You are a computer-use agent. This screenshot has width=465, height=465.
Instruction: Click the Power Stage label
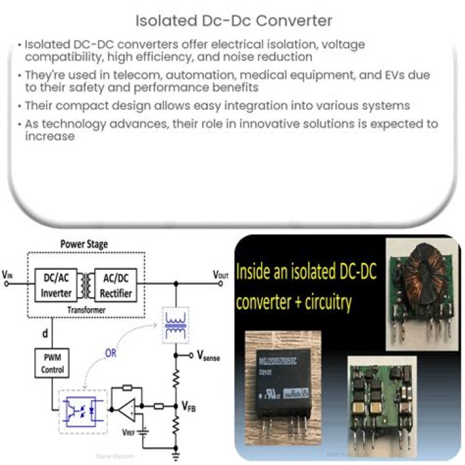pos(84,245)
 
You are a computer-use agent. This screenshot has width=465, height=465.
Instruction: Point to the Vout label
pos(221,274)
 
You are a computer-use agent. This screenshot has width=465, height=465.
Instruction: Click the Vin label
pos(7,274)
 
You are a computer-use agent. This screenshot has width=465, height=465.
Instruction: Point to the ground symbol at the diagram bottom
pos(176,454)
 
